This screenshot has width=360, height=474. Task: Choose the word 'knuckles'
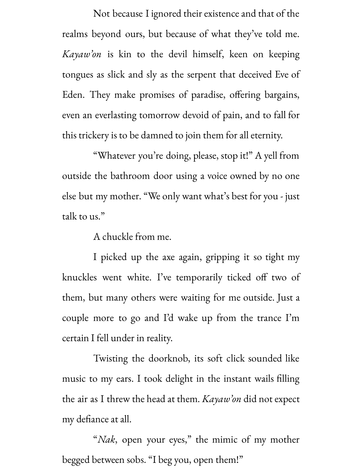point(80,277)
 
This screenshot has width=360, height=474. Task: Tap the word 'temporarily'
point(199,277)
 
